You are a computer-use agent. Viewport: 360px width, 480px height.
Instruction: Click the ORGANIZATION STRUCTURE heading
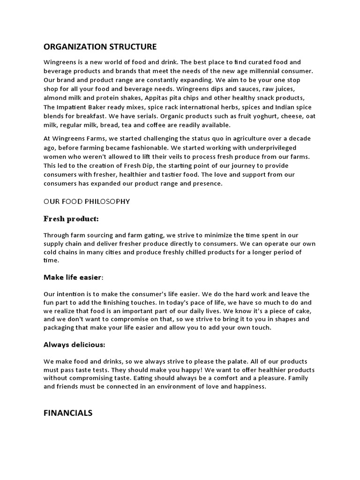click(x=100, y=46)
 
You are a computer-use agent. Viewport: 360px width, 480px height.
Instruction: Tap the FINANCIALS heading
click(x=68, y=413)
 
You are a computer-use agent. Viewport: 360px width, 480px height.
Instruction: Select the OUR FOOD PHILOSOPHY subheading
click(x=87, y=202)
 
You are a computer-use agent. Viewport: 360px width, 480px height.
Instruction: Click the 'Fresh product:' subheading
click(x=71, y=219)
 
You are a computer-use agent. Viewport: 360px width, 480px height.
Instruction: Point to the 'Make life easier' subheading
click(x=72, y=277)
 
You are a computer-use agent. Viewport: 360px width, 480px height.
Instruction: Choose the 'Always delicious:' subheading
click(x=74, y=345)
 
